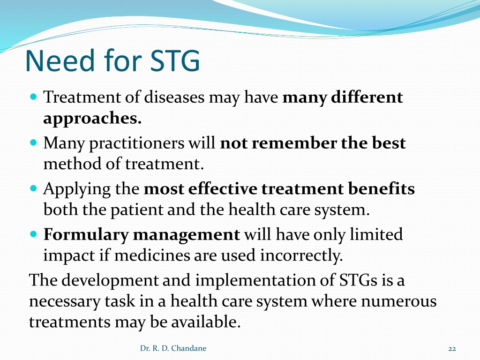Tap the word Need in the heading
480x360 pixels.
pyautogui.click(x=60, y=60)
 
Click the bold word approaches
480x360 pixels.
pyautogui.click(x=92, y=119)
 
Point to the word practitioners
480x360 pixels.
pyautogui.click(x=137, y=143)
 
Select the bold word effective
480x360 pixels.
pyautogui.click(x=223, y=188)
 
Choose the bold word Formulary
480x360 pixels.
pyautogui.click(x=86, y=235)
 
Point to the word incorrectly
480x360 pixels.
pyautogui.click(x=301, y=256)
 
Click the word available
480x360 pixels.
pyautogui.click(x=206, y=322)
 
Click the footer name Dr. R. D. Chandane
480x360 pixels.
pyautogui.click(x=173, y=348)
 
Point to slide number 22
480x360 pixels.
pyautogui.click(x=452, y=349)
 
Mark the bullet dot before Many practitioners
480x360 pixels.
pyautogui.click(x=34, y=142)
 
